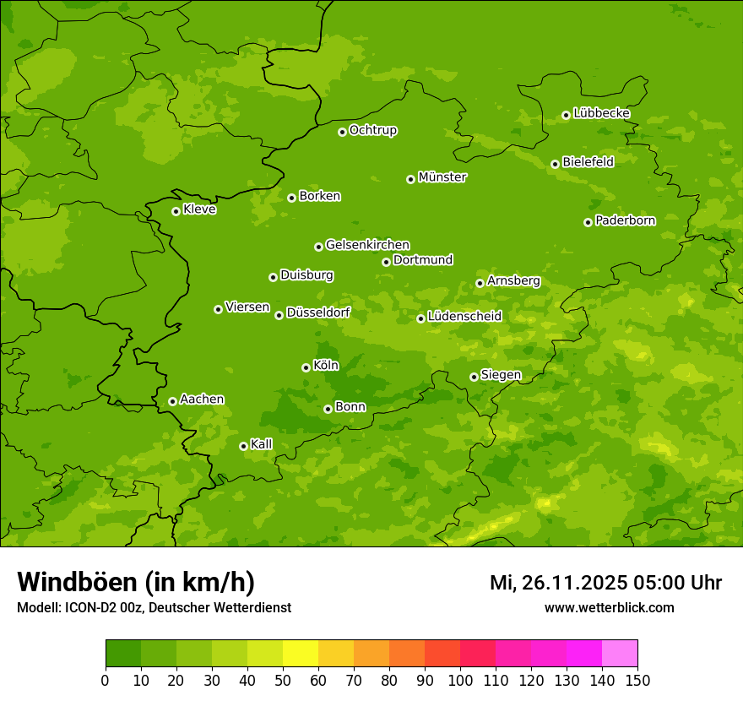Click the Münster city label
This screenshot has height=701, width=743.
[x=442, y=177]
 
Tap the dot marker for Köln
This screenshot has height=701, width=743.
[x=306, y=367]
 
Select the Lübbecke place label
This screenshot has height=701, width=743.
[x=601, y=113]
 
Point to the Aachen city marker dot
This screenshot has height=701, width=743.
[x=172, y=401]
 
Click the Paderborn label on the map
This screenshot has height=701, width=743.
[x=625, y=220]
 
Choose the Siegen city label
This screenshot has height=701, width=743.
[x=501, y=375]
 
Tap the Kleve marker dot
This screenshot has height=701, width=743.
[x=176, y=211]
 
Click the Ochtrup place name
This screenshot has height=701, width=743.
[x=372, y=130]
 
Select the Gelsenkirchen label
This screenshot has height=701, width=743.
[x=367, y=245]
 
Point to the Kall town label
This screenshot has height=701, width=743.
[x=261, y=444]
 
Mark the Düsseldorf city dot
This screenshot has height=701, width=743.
[x=279, y=315]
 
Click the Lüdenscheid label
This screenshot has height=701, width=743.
[x=464, y=317]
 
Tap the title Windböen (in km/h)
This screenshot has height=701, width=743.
[x=136, y=582]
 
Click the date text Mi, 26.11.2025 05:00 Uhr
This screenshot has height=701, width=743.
[x=605, y=583]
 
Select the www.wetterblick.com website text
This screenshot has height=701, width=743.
[x=609, y=607]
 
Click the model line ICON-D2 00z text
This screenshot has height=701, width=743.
[x=154, y=607]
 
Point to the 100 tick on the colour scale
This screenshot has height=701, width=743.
[x=460, y=680]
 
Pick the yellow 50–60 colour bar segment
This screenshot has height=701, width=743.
[x=301, y=654]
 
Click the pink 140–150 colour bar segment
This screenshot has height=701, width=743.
[x=620, y=654]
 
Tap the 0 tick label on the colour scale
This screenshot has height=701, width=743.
[x=106, y=680]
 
